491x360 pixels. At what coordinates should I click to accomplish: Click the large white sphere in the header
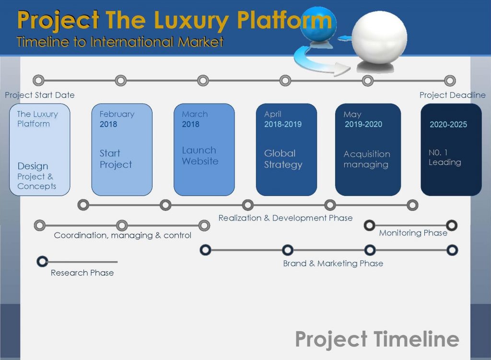[379, 36]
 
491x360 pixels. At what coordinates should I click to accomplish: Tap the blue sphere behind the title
[318, 23]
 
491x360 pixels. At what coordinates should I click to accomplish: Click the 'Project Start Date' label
[40, 95]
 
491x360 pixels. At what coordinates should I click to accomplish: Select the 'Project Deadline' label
[453, 95]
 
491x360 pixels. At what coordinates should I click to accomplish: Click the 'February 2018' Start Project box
[122, 150]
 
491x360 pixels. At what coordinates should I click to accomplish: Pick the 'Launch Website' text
[200, 156]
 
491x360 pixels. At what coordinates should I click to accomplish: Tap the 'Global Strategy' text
[283, 159]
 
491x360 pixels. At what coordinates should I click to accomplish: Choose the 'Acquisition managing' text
[367, 159]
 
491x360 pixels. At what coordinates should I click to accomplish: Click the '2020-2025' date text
[448, 124]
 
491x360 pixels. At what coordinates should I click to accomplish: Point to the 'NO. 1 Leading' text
[444, 157]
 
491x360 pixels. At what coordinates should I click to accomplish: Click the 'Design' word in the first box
[33, 165]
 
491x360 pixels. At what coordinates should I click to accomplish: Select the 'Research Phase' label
[82, 273]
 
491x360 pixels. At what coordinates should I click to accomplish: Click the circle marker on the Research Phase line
[42, 261]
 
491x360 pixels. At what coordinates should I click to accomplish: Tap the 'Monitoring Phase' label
[413, 233]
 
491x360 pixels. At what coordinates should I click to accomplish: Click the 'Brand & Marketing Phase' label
[333, 263]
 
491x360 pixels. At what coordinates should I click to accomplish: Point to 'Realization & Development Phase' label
[285, 218]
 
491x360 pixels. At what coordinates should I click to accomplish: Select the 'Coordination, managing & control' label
[122, 235]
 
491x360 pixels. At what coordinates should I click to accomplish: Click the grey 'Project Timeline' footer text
[377, 339]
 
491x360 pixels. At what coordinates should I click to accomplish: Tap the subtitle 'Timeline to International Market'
[120, 42]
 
